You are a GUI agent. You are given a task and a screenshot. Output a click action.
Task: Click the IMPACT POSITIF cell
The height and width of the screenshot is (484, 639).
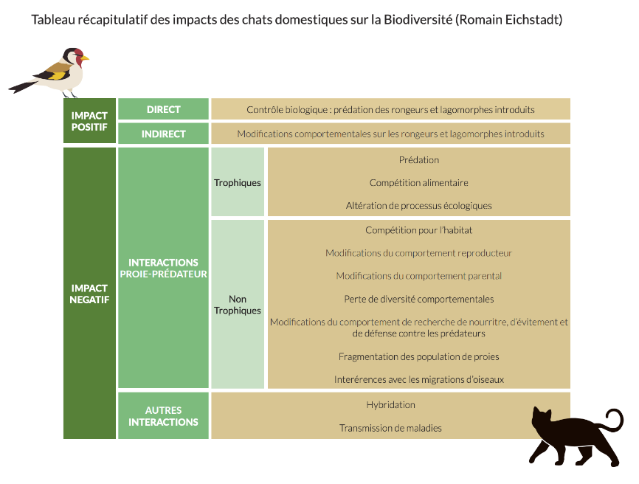89,121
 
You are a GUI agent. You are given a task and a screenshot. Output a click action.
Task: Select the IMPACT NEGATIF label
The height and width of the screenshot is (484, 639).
89,294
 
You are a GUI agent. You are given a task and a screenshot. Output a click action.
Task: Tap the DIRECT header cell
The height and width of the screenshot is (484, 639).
163,109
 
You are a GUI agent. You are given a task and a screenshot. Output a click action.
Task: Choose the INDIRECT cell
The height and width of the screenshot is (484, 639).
163,134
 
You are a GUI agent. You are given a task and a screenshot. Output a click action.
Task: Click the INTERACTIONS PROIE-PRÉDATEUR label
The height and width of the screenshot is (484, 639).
163,268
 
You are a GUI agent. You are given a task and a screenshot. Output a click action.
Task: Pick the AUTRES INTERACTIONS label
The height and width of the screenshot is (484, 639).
163,416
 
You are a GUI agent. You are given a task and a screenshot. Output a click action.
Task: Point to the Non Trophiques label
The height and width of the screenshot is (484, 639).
238,305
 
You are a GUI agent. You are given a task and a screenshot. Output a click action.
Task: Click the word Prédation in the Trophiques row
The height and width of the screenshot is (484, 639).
419,159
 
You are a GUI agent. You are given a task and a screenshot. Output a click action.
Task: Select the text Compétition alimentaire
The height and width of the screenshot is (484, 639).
419,182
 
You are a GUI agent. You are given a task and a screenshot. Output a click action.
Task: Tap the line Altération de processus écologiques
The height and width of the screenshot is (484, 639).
419,205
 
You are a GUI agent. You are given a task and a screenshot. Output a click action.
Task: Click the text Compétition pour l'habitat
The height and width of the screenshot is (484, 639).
419,230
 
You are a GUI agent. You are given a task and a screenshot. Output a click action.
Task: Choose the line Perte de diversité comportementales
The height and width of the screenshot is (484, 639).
419,299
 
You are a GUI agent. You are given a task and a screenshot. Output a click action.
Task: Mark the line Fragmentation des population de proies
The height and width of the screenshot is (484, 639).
419,356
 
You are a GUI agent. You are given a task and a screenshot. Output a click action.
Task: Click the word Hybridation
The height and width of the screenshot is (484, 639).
391,404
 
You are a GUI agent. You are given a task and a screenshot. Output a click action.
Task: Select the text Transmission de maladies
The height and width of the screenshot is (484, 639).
391,428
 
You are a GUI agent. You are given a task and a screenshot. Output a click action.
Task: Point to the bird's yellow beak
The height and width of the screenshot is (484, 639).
85,58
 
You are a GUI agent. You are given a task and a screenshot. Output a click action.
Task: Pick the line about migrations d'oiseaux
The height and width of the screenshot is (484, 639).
419,379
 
